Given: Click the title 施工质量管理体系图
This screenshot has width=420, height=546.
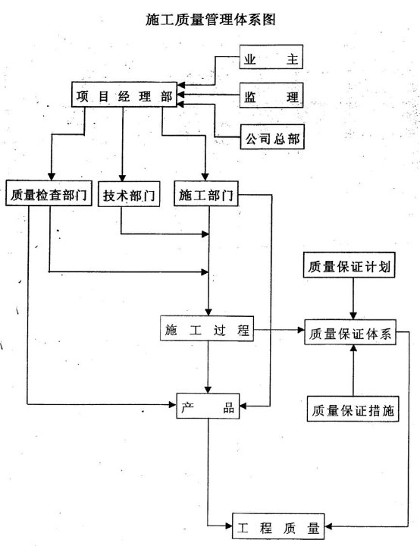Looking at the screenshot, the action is click(211, 20).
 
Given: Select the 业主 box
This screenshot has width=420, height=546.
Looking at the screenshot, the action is click(271, 57).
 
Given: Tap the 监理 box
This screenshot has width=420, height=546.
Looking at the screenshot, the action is click(271, 95).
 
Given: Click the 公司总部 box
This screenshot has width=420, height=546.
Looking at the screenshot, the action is click(272, 136).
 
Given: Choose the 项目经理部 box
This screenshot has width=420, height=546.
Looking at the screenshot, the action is click(124, 94).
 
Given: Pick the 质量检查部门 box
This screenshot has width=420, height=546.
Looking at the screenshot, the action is click(49, 193).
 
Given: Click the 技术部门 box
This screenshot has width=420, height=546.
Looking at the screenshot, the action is click(129, 194).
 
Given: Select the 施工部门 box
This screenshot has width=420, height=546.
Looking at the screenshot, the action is click(206, 193).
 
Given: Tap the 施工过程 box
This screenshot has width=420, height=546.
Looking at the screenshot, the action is click(207, 328).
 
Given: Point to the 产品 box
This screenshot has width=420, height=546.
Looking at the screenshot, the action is click(208, 406).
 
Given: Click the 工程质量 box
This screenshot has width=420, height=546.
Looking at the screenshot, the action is click(278, 526).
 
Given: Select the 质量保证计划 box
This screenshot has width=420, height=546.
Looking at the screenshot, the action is click(349, 265).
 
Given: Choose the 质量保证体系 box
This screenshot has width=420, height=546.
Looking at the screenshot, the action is click(350, 332).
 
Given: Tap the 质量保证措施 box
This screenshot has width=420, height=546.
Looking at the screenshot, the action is click(353, 409).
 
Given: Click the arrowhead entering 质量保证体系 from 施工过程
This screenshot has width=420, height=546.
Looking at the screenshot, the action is click(301, 329).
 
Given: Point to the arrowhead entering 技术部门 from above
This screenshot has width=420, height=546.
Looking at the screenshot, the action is click(122, 177).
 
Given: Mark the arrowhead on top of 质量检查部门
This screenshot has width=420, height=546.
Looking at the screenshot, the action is click(52, 177).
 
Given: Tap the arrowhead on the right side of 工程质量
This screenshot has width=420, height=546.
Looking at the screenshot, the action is click(328, 526).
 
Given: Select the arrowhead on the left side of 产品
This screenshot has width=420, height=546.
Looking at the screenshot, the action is click(172, 404).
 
